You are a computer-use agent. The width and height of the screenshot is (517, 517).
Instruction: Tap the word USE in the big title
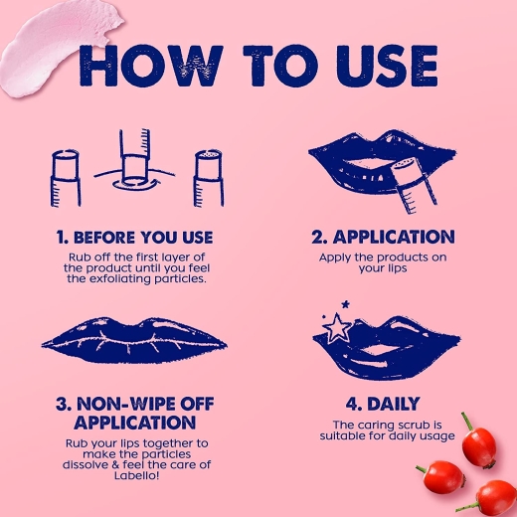(x=387, y=66)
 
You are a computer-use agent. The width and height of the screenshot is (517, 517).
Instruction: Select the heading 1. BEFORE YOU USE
(x=134, y=238)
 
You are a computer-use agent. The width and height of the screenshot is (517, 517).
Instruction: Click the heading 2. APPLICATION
(x=383, y=237)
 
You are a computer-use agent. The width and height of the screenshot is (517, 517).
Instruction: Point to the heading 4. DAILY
(x=383, y=404)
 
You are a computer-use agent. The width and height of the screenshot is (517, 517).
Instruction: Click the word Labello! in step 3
(x=136, y=476)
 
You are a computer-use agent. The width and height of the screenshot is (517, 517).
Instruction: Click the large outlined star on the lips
(x=335, y=327)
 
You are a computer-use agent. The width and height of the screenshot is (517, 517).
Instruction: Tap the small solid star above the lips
(x=346, y=303)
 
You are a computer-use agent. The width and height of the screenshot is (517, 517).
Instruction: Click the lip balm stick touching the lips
(x=414, y=186)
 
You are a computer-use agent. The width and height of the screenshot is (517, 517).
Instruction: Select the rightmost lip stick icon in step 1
(x=209, y=178)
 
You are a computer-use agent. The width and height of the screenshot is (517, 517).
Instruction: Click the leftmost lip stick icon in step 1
(x=66, y=178)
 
